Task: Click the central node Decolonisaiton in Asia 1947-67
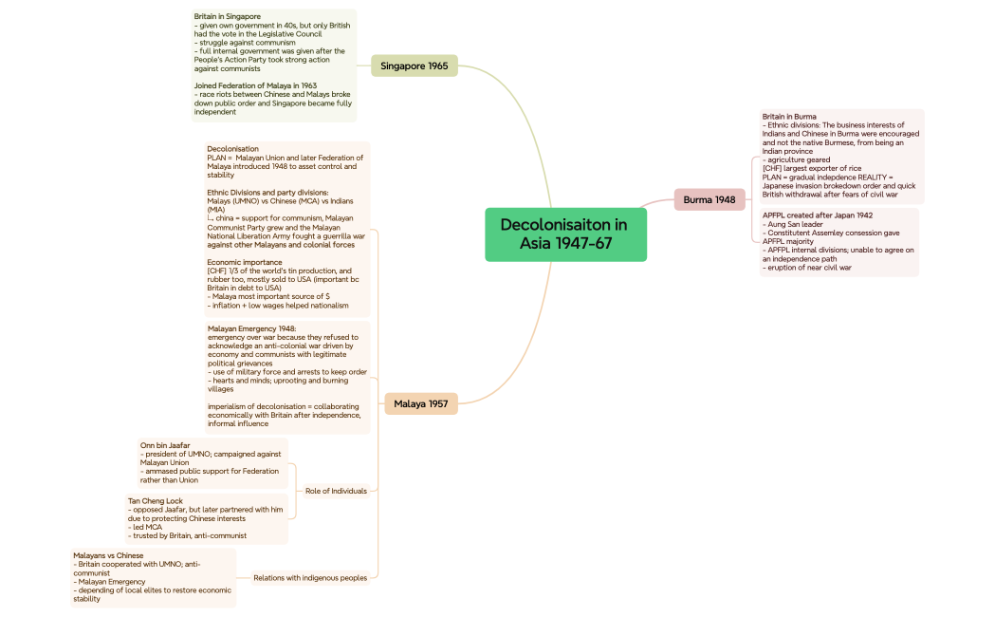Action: click(x=565, y=234)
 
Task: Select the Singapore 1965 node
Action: click(x=414, y=65)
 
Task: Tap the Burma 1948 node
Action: click(x=709, y=199)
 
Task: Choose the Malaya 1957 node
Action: click(x=420, y=403)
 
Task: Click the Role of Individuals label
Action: click(x=336, y=491)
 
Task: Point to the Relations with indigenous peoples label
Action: click(x=309, y=577)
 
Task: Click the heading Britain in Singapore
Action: click(x=227, y=16)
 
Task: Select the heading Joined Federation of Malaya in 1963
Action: click(x=255, y=85)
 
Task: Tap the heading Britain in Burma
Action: click(x=788, y=117)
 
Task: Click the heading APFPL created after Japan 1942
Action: click(x=817, y=215)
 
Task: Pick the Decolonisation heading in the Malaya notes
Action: click(x=232, y=149)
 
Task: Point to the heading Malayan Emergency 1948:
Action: click(x=251, y=328)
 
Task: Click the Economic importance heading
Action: click(x=244, y=262)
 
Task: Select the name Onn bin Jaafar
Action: click(x=165, y=445)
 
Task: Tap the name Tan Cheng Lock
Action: click(x=156, y=500)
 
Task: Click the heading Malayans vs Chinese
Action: click(x=108, y=555)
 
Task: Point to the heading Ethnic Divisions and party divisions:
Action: click(x=267, y=192)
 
